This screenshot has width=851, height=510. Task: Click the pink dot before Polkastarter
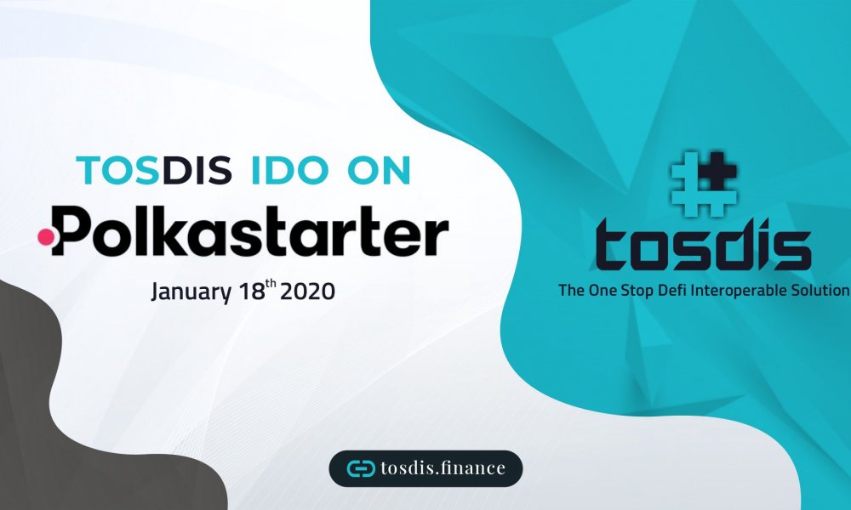click(46, 237)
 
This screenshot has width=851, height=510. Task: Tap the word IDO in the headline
click(290, 170)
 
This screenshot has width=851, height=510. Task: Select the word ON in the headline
click(379, 170)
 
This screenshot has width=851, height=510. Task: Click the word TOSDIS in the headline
click(154, 170)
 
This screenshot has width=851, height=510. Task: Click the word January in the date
click(190, 292)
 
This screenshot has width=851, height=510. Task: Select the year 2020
click(307, 292)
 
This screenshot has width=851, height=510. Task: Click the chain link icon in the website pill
click(361, 468)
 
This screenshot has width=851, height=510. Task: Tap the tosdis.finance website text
click(443, 467)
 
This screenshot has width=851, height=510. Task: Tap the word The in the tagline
click(571, 290)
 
